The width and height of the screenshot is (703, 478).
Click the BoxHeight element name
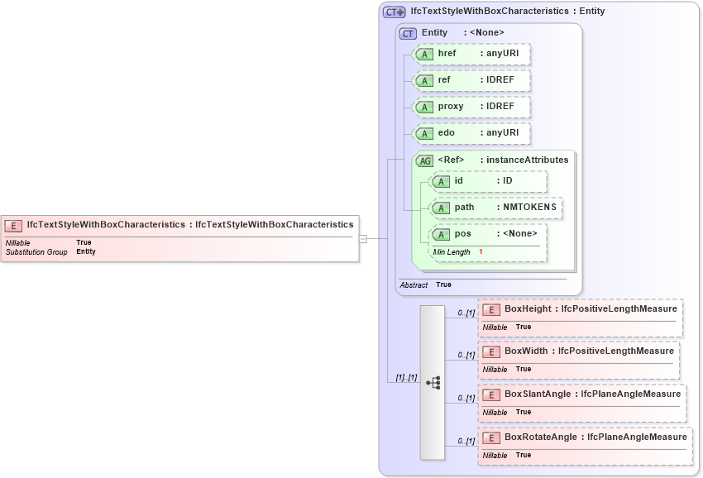point(528,308)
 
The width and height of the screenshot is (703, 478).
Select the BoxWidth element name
point(525,351)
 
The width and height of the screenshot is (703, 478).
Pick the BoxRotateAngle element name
point(541,437)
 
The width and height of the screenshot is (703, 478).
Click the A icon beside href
point(424,55)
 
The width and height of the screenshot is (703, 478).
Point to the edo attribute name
point(447,133)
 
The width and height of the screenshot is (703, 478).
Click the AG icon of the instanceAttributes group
point(424,160)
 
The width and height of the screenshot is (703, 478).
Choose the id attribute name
point(460,181)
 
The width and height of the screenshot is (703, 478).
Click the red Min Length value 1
point(481,251)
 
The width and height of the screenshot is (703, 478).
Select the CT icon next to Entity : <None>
point(408,33)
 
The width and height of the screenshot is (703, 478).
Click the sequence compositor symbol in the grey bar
point(433,382)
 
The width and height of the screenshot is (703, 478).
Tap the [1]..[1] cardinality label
point(405,377)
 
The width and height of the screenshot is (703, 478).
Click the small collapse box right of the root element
point(362,239)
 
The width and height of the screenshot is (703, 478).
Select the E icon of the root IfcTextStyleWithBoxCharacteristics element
point(13,225)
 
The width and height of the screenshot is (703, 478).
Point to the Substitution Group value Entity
point(86,251)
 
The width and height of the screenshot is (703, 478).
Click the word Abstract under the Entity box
point(414,284)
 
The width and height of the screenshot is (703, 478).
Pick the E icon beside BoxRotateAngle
point(490,437)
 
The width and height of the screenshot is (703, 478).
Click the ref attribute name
point(444,80)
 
